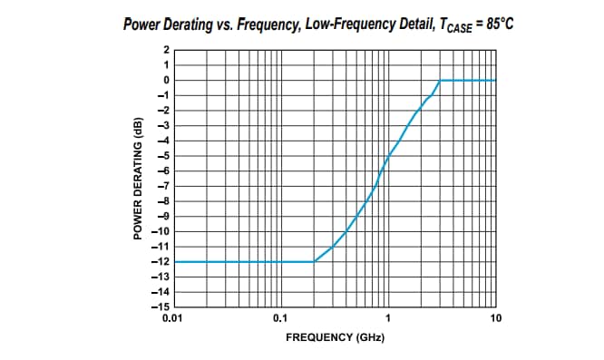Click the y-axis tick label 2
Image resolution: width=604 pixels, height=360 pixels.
(165, 50)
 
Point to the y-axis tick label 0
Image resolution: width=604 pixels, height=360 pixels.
(165, 80)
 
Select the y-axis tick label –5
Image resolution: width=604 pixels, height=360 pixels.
(162, 156)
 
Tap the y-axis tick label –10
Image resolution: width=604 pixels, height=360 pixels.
(161, 231)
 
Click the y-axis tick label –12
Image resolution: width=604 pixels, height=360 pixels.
(161, 261)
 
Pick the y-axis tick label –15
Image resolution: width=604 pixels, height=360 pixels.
(161, 306)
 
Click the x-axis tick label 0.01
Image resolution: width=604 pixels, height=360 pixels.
(171, 318)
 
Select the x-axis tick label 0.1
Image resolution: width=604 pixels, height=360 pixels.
(280, 318)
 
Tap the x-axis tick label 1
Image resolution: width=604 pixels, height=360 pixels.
(388, 318)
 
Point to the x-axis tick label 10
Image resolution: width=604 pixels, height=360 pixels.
(495, 318)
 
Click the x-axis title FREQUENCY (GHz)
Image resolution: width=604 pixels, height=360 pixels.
(335, 337)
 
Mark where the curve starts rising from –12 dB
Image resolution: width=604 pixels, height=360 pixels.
(314, 261)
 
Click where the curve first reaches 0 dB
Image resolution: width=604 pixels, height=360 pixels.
(440, 80)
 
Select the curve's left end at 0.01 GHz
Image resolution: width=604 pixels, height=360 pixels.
(172, 261)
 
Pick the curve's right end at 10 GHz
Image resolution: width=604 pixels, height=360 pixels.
(496, 80)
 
